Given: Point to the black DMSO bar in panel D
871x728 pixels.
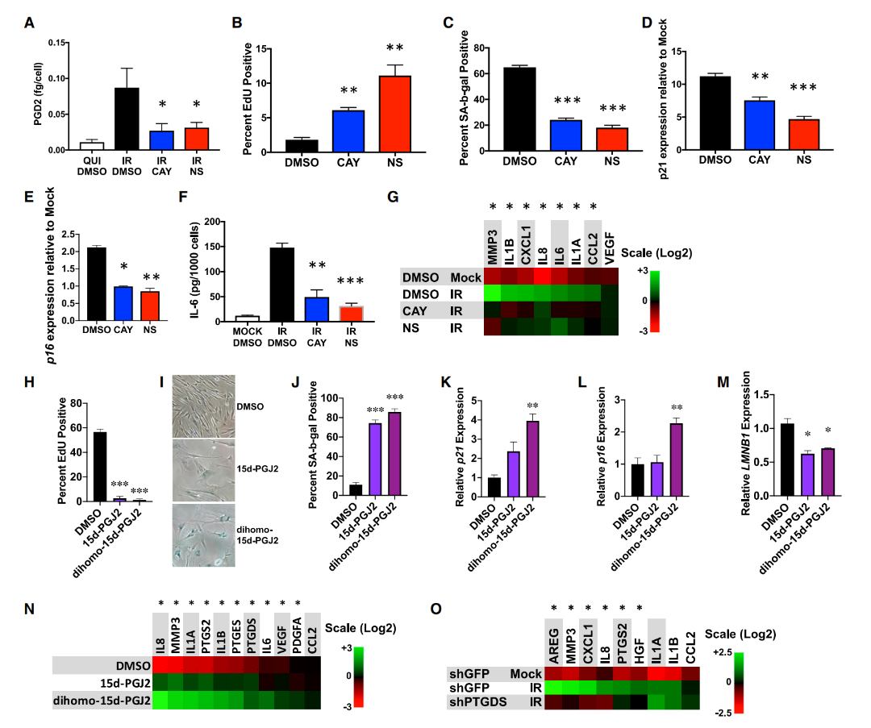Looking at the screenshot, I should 715,113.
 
